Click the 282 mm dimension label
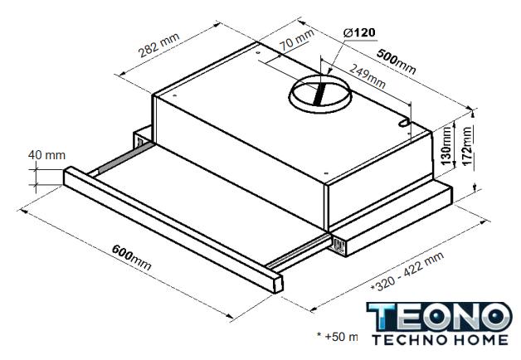tap(158, 45)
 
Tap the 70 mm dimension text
tap(296, 40)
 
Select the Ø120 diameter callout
tap(359, 32)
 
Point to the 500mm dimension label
tap(396, 61)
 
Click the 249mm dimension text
tap(368, 75)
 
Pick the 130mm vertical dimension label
tap(446, 145)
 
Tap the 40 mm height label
tap(46, 155)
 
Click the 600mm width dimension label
tap(131, 257)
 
